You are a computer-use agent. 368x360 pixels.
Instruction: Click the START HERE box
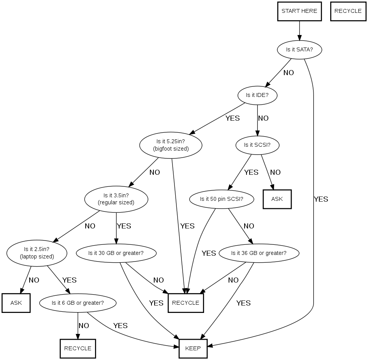[x=299, y=11]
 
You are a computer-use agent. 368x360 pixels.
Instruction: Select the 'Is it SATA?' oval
[x=299, y=49]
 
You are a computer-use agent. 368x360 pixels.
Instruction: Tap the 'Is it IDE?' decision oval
[x=257, y=95]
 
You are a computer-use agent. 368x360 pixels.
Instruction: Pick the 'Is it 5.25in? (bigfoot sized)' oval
[x=171, y=145]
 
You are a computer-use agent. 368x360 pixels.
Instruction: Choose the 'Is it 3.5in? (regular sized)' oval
[x=116, y=199]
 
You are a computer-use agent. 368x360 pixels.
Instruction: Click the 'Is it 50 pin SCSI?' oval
[x=222, y=199]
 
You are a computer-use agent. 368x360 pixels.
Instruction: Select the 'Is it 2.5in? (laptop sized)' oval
[x=37, y=253]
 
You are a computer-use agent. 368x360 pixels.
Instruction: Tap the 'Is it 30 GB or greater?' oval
[x=116, y=253]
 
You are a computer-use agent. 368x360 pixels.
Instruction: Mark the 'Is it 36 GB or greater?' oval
[x=259, y=253]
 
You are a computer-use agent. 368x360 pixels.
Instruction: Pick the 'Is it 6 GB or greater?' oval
[x=78, y=302]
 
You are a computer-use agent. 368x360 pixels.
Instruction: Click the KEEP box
[x=193, y=348]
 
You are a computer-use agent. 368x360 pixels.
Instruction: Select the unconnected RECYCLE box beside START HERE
[x=348, y=11]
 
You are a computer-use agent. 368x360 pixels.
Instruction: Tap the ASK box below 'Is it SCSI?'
[x=277, y=199]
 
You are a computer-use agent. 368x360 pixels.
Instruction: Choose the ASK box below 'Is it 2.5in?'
[x=16, y=303]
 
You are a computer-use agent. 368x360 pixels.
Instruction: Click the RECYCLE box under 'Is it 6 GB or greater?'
[x=78, y=348]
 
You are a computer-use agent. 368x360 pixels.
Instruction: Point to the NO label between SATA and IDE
[x=289, y=73]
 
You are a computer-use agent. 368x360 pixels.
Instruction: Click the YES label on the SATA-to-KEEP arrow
[x=321, y=199]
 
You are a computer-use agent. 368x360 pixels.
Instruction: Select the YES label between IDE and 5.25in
[x=232, y=118]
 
